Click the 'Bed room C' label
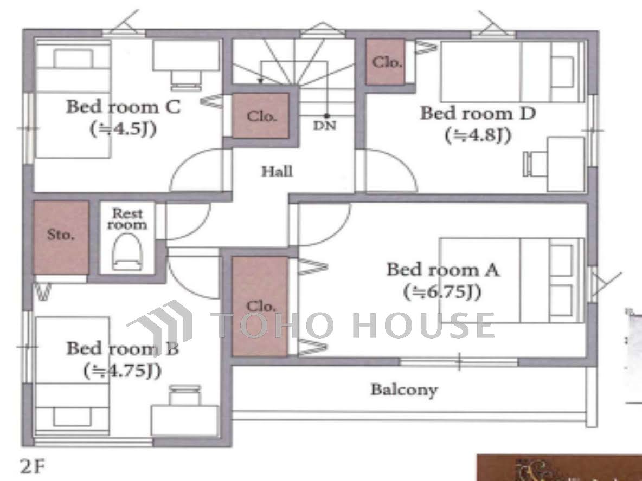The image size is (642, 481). tap(123, 107)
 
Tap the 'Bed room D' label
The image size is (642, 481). tap(478, 113)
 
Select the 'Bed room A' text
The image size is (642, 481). tap(443, 270)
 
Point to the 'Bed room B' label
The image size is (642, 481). tap(123, 348)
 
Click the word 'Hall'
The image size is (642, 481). tap(277, 171)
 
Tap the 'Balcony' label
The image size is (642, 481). tap(404, 389)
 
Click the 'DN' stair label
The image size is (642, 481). tap(325, 126)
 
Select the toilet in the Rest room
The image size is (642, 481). tap(127, 252)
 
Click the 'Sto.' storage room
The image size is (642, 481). tap(61, 238)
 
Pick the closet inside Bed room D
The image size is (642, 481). tap(386, 62)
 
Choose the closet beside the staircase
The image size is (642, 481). tap(261, 116)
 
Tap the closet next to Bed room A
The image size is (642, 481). tap(260, 307)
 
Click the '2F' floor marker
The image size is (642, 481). tap(33, 466)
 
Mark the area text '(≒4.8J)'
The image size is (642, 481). tap(478, 135)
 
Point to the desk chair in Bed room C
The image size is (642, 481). tap(187, 80)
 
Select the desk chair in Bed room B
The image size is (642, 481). tap(185, 395)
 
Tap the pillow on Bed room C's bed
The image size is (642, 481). tap(73, 58)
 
